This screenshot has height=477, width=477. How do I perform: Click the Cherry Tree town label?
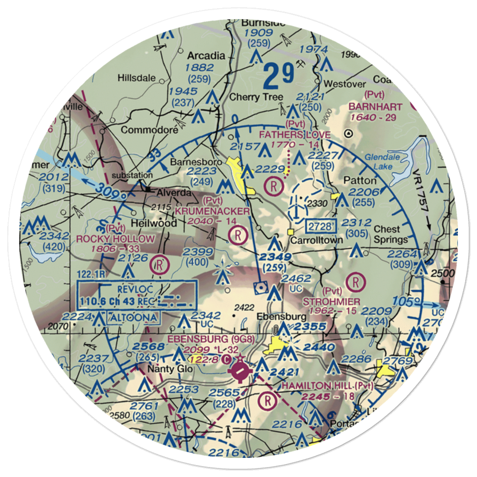(256, 97)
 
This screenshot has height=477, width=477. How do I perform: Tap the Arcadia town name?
(206, 55)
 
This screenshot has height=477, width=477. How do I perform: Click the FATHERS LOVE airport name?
(294, 135)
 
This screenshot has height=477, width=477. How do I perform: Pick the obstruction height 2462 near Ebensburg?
(296, 279)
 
